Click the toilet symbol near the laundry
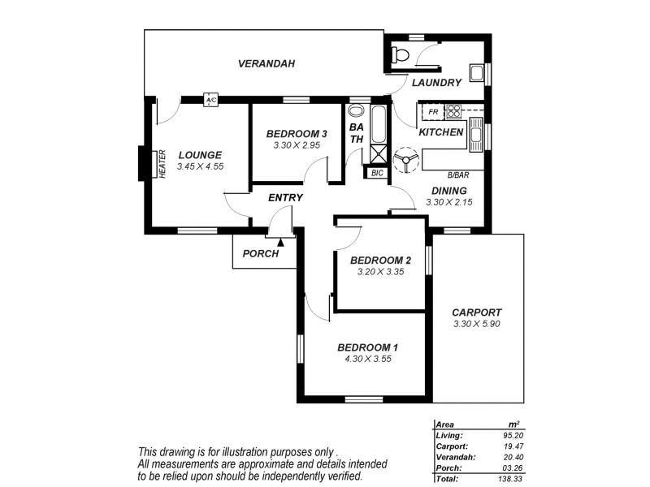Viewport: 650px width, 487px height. click(399, 55)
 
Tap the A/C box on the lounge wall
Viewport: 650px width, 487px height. click(210, 100)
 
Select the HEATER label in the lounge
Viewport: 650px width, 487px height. click(162, 164)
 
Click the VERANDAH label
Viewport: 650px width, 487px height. click(266, 63)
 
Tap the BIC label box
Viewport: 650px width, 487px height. click(376, 173)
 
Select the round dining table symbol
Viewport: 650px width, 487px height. click(404, 160)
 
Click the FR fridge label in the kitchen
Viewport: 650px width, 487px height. click(433, 111)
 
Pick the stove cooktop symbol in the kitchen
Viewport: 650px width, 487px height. click(453, 111)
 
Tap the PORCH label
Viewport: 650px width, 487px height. click(260, 253)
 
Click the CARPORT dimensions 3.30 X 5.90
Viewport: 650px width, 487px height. click(476, 324)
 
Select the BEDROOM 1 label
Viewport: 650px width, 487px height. click(368, 347)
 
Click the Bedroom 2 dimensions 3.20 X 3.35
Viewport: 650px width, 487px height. click(380, 272)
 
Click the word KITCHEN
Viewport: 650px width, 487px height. click(441, 131)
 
